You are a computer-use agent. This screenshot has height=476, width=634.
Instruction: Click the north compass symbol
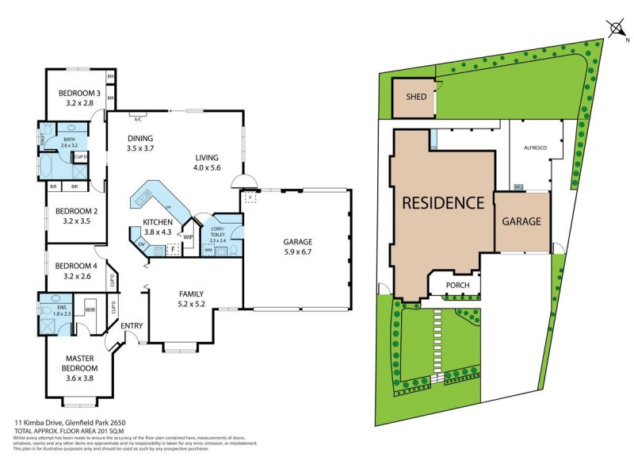coord(617,29)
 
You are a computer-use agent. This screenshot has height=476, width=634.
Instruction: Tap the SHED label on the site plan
coord(416,97)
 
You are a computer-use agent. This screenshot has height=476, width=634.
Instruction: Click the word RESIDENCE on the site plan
coord(443,202)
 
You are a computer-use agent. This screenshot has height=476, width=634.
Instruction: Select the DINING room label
coord(140,139)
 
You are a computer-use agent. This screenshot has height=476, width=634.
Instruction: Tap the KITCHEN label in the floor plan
coord(158,222)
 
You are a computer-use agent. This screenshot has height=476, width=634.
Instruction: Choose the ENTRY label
coord(132,325)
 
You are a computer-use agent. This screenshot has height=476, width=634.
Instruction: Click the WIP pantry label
coord(189,236)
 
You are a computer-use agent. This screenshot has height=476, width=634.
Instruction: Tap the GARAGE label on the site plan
coord(521,221)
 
